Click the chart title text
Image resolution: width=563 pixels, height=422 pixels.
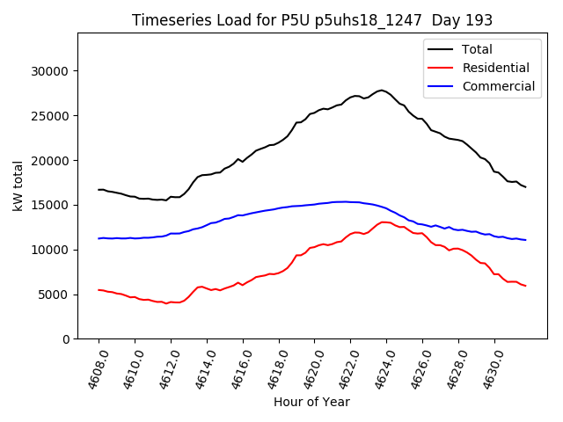click(x=312, y=20)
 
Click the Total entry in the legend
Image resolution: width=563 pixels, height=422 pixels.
click(x=477, y=49)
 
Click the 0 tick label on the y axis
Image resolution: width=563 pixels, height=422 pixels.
click(x=67, y=339)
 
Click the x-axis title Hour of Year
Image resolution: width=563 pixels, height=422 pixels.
click(x=311, y=403)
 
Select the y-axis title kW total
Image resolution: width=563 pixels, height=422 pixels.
click(x=18, y=186)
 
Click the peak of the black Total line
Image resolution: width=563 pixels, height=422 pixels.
click(x=382, y=90)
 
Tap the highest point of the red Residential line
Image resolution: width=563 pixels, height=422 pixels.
click(x=384, y=222)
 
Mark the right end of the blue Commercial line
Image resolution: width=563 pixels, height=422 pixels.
click(x=525, y=240)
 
